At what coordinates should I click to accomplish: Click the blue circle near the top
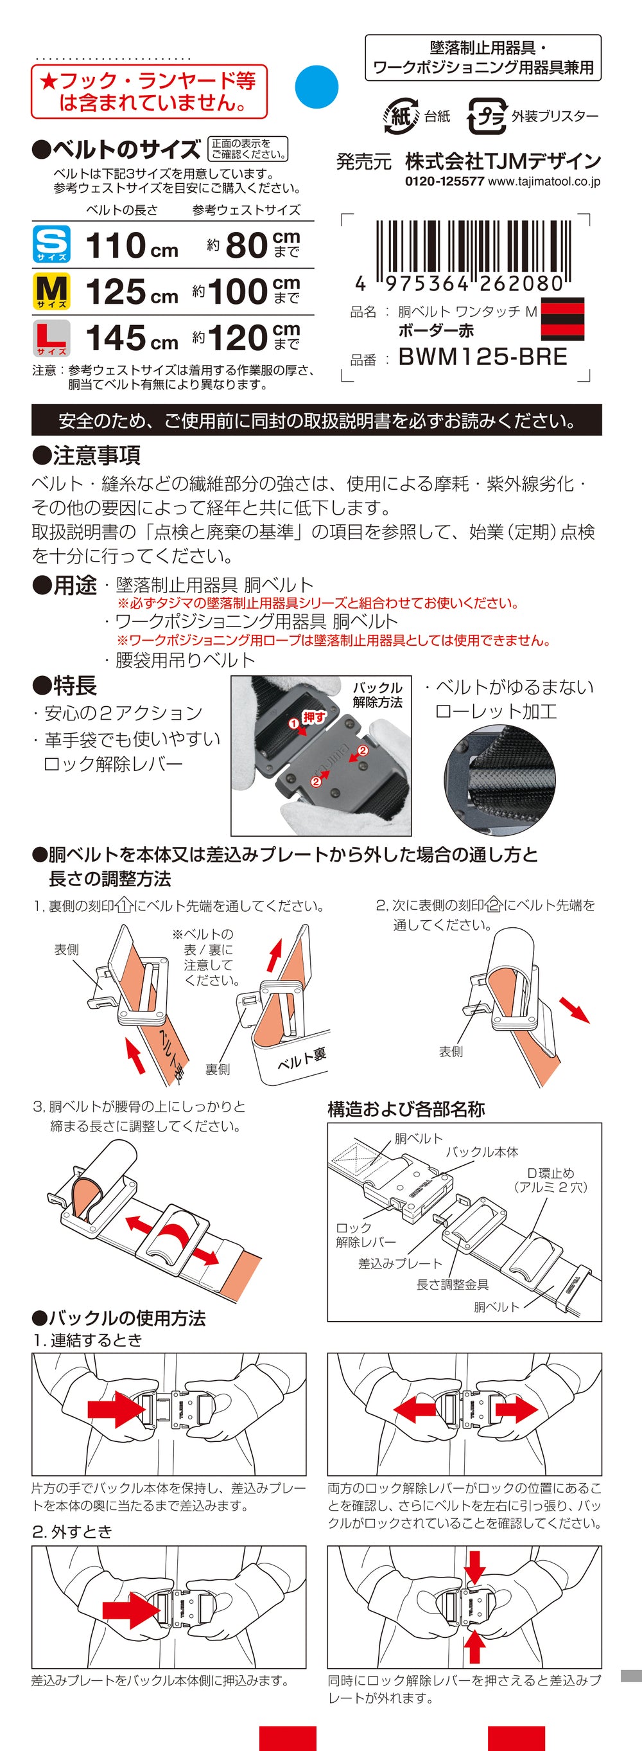(x=317, y=87)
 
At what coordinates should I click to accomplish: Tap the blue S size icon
(x=51, y=244)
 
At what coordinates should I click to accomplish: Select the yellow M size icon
(x=51, y=291)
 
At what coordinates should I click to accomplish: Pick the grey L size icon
(x=51, y=338)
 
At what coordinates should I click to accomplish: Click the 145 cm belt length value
(x=132, y=338)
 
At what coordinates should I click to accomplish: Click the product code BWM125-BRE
(x=482, y=357)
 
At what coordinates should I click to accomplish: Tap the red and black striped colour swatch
(x=562, y=319)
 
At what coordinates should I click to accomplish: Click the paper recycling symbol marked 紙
(x=401, y=116)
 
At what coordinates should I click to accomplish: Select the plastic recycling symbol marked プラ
(x=487, y=116)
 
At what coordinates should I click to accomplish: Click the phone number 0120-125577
(x=444, y=181)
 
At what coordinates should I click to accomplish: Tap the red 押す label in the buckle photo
(x=313, y=716)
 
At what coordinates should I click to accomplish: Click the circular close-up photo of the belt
(x=499, y=779)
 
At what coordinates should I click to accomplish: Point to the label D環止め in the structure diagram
(x=550, y=1173)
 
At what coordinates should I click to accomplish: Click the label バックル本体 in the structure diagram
(x=481, y=1151)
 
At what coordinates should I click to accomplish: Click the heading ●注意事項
(x=85, y=455)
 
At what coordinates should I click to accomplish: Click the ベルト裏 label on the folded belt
(x=302, y=1058)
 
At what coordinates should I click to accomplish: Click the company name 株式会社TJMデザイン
(x=503, y=161)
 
